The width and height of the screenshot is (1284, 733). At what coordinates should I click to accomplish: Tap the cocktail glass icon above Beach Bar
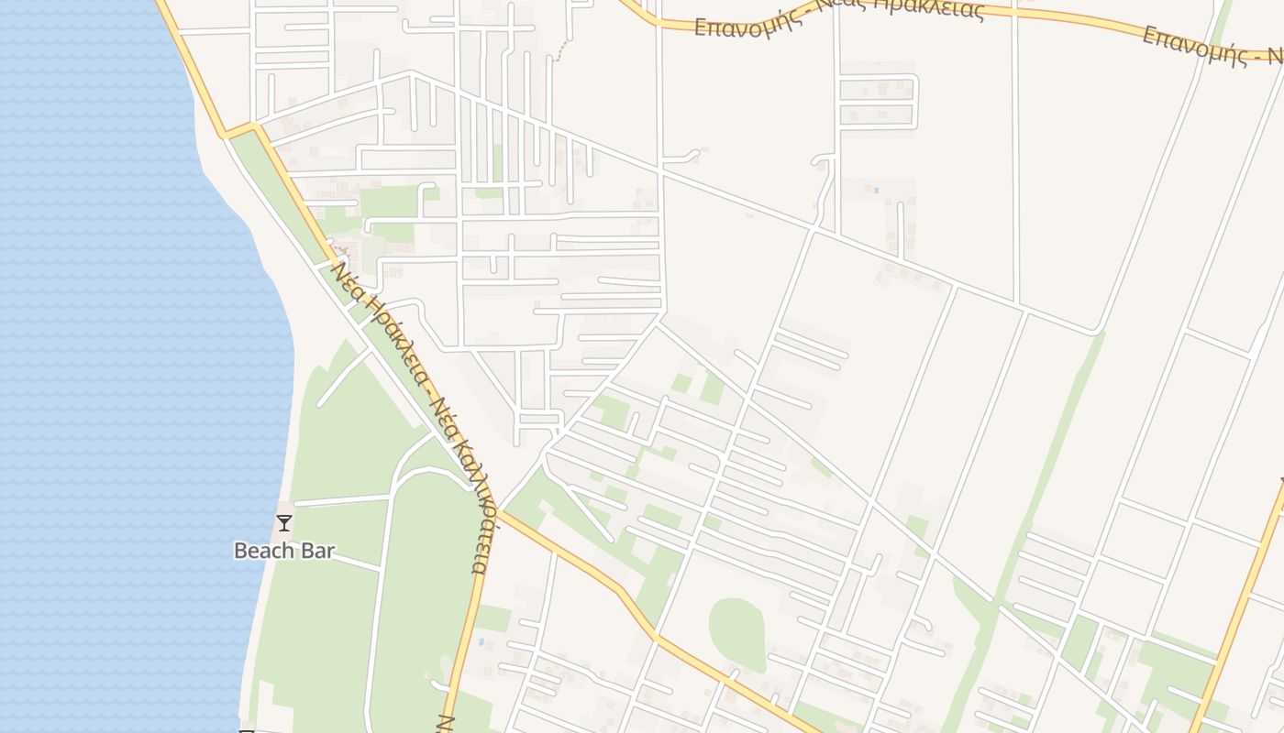284,523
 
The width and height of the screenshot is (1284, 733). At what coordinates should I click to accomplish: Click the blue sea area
110,366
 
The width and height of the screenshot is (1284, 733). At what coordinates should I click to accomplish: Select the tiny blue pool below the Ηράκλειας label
876,190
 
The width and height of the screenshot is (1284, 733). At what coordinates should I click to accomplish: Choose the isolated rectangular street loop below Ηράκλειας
878,102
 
